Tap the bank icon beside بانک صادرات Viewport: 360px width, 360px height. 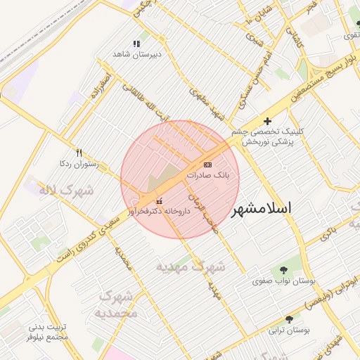(207, 164)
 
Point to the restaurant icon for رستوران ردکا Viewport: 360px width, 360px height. (79, 153)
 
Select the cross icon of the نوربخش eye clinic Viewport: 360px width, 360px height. (267, 121)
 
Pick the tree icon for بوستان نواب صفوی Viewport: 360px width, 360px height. (283, 270)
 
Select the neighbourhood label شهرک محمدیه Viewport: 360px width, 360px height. (117, 305)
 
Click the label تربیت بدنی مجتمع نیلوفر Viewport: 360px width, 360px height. (47, 332)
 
